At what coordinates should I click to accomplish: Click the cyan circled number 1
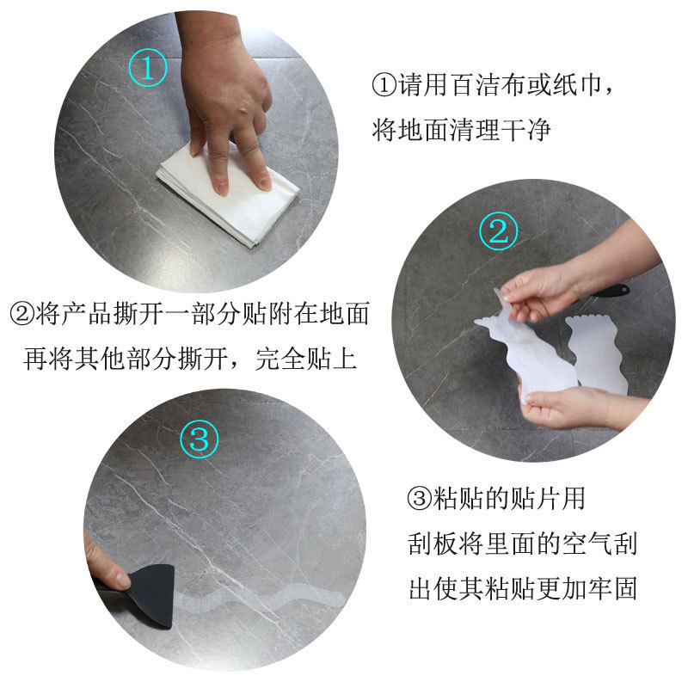pos(148,66)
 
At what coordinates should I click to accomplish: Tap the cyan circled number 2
pos(499,230)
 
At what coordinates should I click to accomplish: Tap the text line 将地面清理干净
pos(461,131)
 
